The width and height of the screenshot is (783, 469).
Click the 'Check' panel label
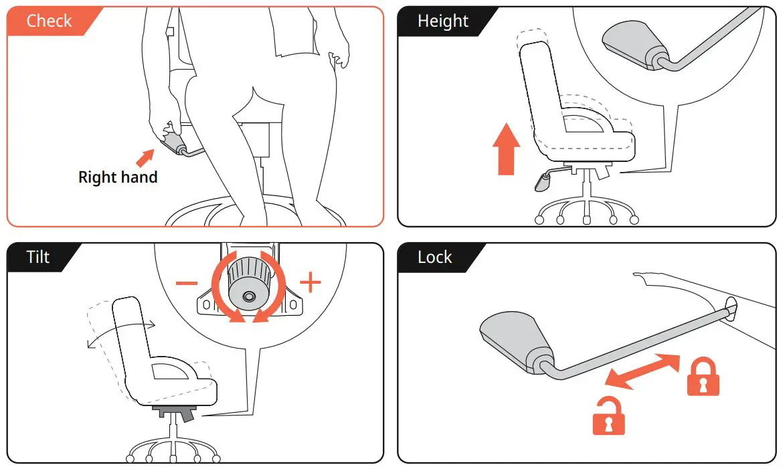pos(49,21)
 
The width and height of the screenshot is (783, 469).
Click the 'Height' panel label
pos(442,21)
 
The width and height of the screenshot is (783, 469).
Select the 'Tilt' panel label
pos(38,257)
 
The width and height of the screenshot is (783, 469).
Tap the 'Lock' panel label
pos(434,257)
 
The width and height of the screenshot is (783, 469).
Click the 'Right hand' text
pos(118,177)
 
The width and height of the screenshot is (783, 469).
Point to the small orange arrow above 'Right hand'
pos(144,158)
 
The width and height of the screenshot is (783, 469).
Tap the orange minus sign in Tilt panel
pos(187,283)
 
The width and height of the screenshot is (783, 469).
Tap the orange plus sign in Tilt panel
pos(310,282)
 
